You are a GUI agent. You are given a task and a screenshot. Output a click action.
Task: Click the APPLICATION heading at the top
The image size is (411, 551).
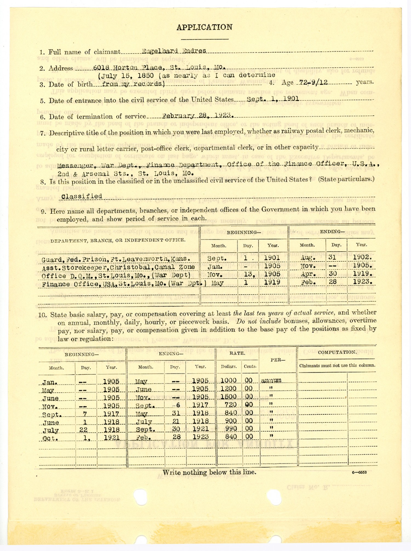(204, 27)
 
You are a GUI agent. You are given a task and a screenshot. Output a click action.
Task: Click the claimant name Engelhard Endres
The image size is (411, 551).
(174, 51)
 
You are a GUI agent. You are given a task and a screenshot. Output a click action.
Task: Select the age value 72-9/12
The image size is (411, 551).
(313, 82)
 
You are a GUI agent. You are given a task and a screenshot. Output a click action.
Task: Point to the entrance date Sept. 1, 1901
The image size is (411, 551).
(273, 99)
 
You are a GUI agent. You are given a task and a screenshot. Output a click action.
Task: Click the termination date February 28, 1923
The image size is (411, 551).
(198, 116)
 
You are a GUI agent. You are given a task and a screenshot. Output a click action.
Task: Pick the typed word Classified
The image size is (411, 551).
(82, 196)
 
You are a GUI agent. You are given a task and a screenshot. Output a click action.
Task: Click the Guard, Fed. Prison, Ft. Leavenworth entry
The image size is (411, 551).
(116, 259)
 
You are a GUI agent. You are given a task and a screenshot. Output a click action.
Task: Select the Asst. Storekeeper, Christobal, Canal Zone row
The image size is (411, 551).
(118, 267)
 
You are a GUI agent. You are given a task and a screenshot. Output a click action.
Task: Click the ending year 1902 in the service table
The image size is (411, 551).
(362, 257)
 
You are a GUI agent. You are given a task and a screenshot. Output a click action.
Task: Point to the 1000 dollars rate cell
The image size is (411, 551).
(228, 380)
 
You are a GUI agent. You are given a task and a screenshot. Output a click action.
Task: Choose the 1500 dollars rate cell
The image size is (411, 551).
(228, 397)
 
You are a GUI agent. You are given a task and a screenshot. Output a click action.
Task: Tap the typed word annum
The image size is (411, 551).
(271, 380)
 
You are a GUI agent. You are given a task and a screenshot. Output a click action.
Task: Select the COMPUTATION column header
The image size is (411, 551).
(337, 352)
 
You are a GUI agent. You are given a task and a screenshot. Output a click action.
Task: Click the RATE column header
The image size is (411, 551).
(237, 353)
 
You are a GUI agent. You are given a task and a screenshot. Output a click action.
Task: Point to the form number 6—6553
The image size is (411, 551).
(359, 472)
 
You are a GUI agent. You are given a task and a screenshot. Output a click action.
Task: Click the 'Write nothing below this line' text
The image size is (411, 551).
(209, 472)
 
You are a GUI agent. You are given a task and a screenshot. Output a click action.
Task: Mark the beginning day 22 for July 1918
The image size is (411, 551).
(84, 430)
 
